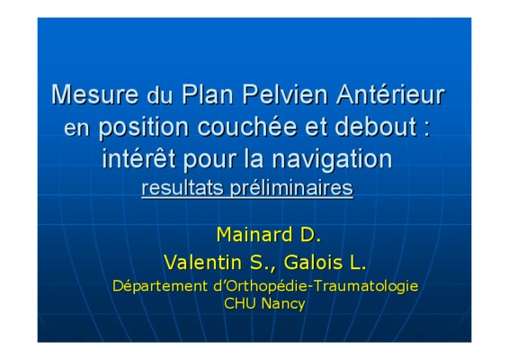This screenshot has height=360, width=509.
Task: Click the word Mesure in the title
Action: click(94, 94)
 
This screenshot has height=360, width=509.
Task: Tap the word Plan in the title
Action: click(208, 94)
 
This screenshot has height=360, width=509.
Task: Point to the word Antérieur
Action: click(390, 94)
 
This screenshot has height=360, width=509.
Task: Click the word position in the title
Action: click(144, 128)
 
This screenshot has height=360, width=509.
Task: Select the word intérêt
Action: click(138, 158)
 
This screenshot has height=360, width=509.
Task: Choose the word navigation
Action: click(332, 160)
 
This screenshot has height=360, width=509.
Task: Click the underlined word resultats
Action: click(183, 188)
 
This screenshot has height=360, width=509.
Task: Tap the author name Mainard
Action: click(254, 235)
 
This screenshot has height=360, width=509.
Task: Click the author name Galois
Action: click(313, 262)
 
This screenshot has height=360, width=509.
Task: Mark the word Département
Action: click(160, 286)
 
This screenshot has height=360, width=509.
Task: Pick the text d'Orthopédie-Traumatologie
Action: click(317, 286)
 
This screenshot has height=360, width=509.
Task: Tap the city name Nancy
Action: click(283, 305)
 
